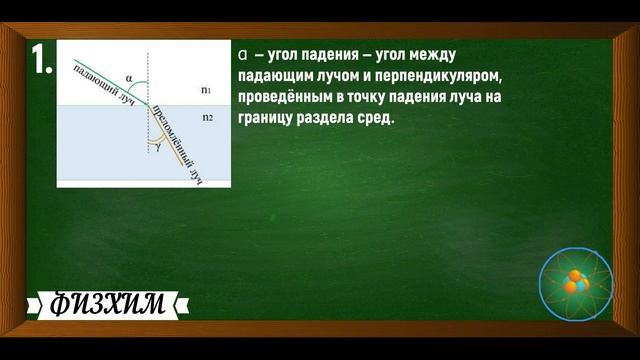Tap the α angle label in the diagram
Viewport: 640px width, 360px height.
(x=130, y=74)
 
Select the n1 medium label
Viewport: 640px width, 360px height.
(x=205, y=90)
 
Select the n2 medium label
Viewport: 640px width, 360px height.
(x=208, y=117)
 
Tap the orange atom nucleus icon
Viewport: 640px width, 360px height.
(x=575, y=283)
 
